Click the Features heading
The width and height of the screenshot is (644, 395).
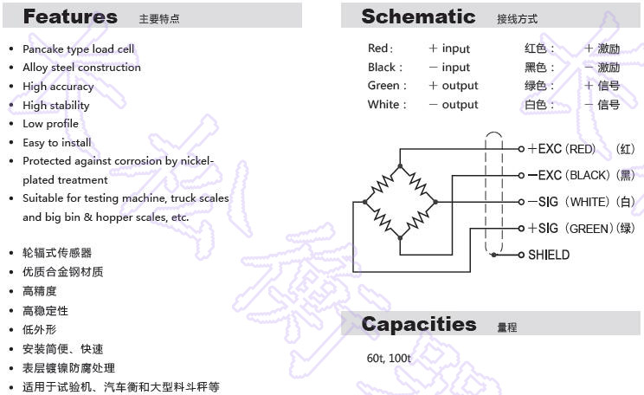70,16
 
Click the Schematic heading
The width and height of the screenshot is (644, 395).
418,16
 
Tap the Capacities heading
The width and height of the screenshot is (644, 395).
419,324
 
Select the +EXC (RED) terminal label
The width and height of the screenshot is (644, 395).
567,149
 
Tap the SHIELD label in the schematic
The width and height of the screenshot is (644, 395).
549,255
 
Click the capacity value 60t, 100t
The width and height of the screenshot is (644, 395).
389,358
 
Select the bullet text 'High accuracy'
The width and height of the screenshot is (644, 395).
58,87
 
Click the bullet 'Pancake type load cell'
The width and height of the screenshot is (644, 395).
79,49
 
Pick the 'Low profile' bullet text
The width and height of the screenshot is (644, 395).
51,124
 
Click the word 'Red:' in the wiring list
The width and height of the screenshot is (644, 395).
380,49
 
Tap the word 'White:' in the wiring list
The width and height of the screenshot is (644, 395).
387,105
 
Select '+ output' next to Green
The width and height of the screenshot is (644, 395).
454,86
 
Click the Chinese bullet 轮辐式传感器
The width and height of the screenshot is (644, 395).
57,253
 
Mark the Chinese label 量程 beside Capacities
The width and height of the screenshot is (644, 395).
507,327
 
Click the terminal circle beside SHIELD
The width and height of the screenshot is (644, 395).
521,255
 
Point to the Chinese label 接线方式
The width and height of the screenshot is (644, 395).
517,19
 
